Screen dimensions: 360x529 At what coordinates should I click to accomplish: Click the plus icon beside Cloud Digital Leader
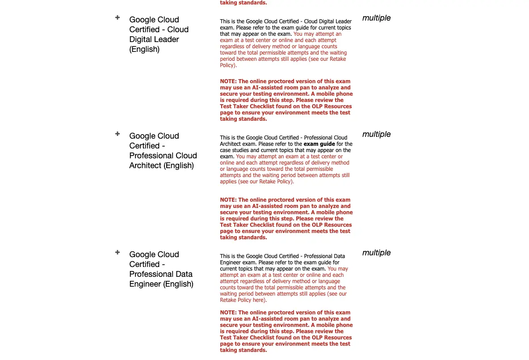[118, 17]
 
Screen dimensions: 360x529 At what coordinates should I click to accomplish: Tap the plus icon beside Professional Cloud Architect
[118, 134]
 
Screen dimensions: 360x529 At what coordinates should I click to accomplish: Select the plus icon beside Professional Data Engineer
[118, 252]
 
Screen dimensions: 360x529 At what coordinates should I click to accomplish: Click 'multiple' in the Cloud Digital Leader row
[376, 18]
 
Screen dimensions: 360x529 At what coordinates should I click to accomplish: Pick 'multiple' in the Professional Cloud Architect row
[376, 134]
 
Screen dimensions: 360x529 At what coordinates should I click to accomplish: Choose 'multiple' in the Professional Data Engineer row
[376, 253]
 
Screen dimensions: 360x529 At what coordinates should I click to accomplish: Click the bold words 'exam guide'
[319, 144]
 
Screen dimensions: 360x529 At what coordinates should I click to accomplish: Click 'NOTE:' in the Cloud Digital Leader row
[228, 81]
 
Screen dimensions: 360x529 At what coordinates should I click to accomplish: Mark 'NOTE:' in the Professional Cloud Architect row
[228, 200]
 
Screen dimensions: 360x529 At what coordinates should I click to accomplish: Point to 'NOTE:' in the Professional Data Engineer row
[228, 313]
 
